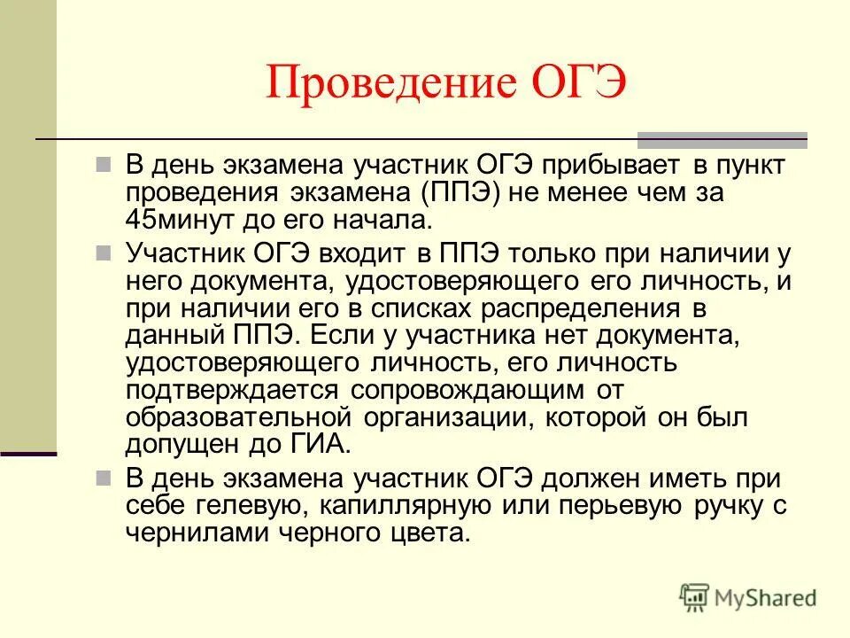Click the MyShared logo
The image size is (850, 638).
[747, 595]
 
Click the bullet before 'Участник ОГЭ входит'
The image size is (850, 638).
[104, 253]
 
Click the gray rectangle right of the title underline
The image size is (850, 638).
[722, 139]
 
